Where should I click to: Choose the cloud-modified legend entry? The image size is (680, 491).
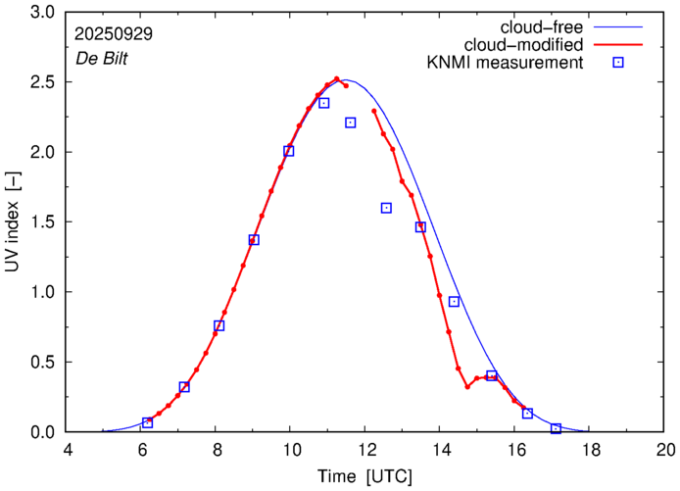(x=534, y=45)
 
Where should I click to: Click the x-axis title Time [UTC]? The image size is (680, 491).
(x=364, y=476)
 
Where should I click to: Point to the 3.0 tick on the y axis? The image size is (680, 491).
(x=42, y=13)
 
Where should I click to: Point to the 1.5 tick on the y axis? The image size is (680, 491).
(x=42, y=222)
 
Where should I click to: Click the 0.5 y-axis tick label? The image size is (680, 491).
(x=42, y=363)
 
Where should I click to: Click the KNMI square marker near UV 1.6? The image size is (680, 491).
(x=386, y=208)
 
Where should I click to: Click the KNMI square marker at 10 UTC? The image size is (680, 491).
(x=289, y=151)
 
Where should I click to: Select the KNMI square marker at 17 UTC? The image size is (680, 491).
(x=556, y=428)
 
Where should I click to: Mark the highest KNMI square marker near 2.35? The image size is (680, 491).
(x=324, y=103)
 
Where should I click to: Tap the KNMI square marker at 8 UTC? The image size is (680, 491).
(x=219, y=325)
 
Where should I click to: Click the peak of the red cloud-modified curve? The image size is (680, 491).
(x=336, y=79)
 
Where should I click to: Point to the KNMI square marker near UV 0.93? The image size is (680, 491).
(x=454, y=301)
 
